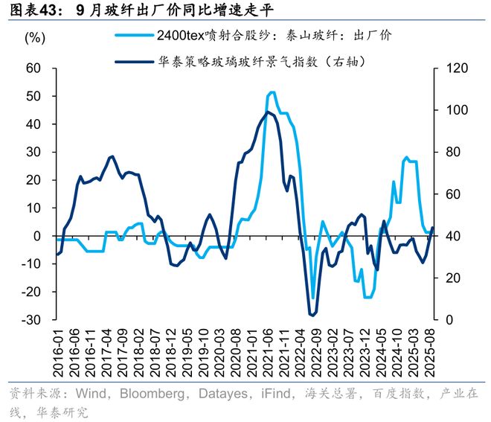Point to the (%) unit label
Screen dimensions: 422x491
[35, 37]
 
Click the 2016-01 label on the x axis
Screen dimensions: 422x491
[57, 351]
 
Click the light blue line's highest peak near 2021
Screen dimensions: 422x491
[272, 92]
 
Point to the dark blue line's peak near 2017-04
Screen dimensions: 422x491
[112, 156]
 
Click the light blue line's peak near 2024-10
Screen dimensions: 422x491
[406, 158]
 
